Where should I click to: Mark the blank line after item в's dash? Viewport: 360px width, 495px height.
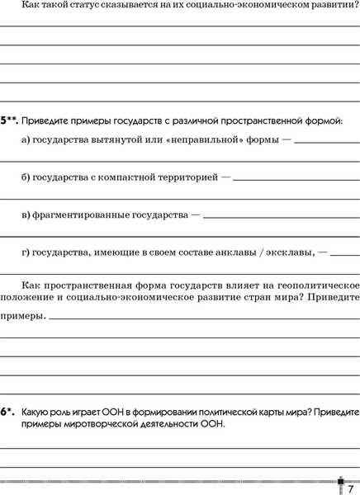tap(282, 216)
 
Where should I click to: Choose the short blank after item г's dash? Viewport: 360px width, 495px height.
tap(345, 254)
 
